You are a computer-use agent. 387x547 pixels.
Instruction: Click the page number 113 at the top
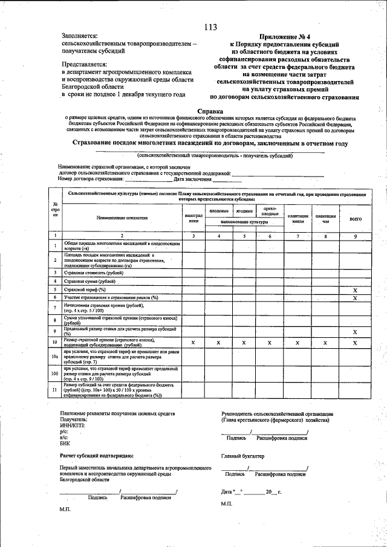(x=211, y=27)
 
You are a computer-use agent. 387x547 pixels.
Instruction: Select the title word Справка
(x=210, y=111)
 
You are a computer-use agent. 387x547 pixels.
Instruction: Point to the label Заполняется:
(x=79, y=37)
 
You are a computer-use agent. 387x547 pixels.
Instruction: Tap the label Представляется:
(x=83, y=63)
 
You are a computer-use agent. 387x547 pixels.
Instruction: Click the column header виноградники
(x=193, y=218)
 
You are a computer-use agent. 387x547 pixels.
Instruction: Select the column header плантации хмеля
(x=298, y=219)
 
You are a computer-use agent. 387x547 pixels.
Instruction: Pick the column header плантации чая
(x=325, y=219)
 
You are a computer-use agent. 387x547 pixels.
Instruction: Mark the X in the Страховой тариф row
(x=356, y=290)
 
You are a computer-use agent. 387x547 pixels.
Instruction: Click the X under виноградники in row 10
(x=193, y=343)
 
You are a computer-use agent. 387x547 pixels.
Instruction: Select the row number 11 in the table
(x=55, y=390)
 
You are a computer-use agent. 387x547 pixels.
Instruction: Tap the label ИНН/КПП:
(x=73, y=425)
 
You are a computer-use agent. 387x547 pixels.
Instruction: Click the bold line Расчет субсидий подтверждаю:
(x=97, y=455)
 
